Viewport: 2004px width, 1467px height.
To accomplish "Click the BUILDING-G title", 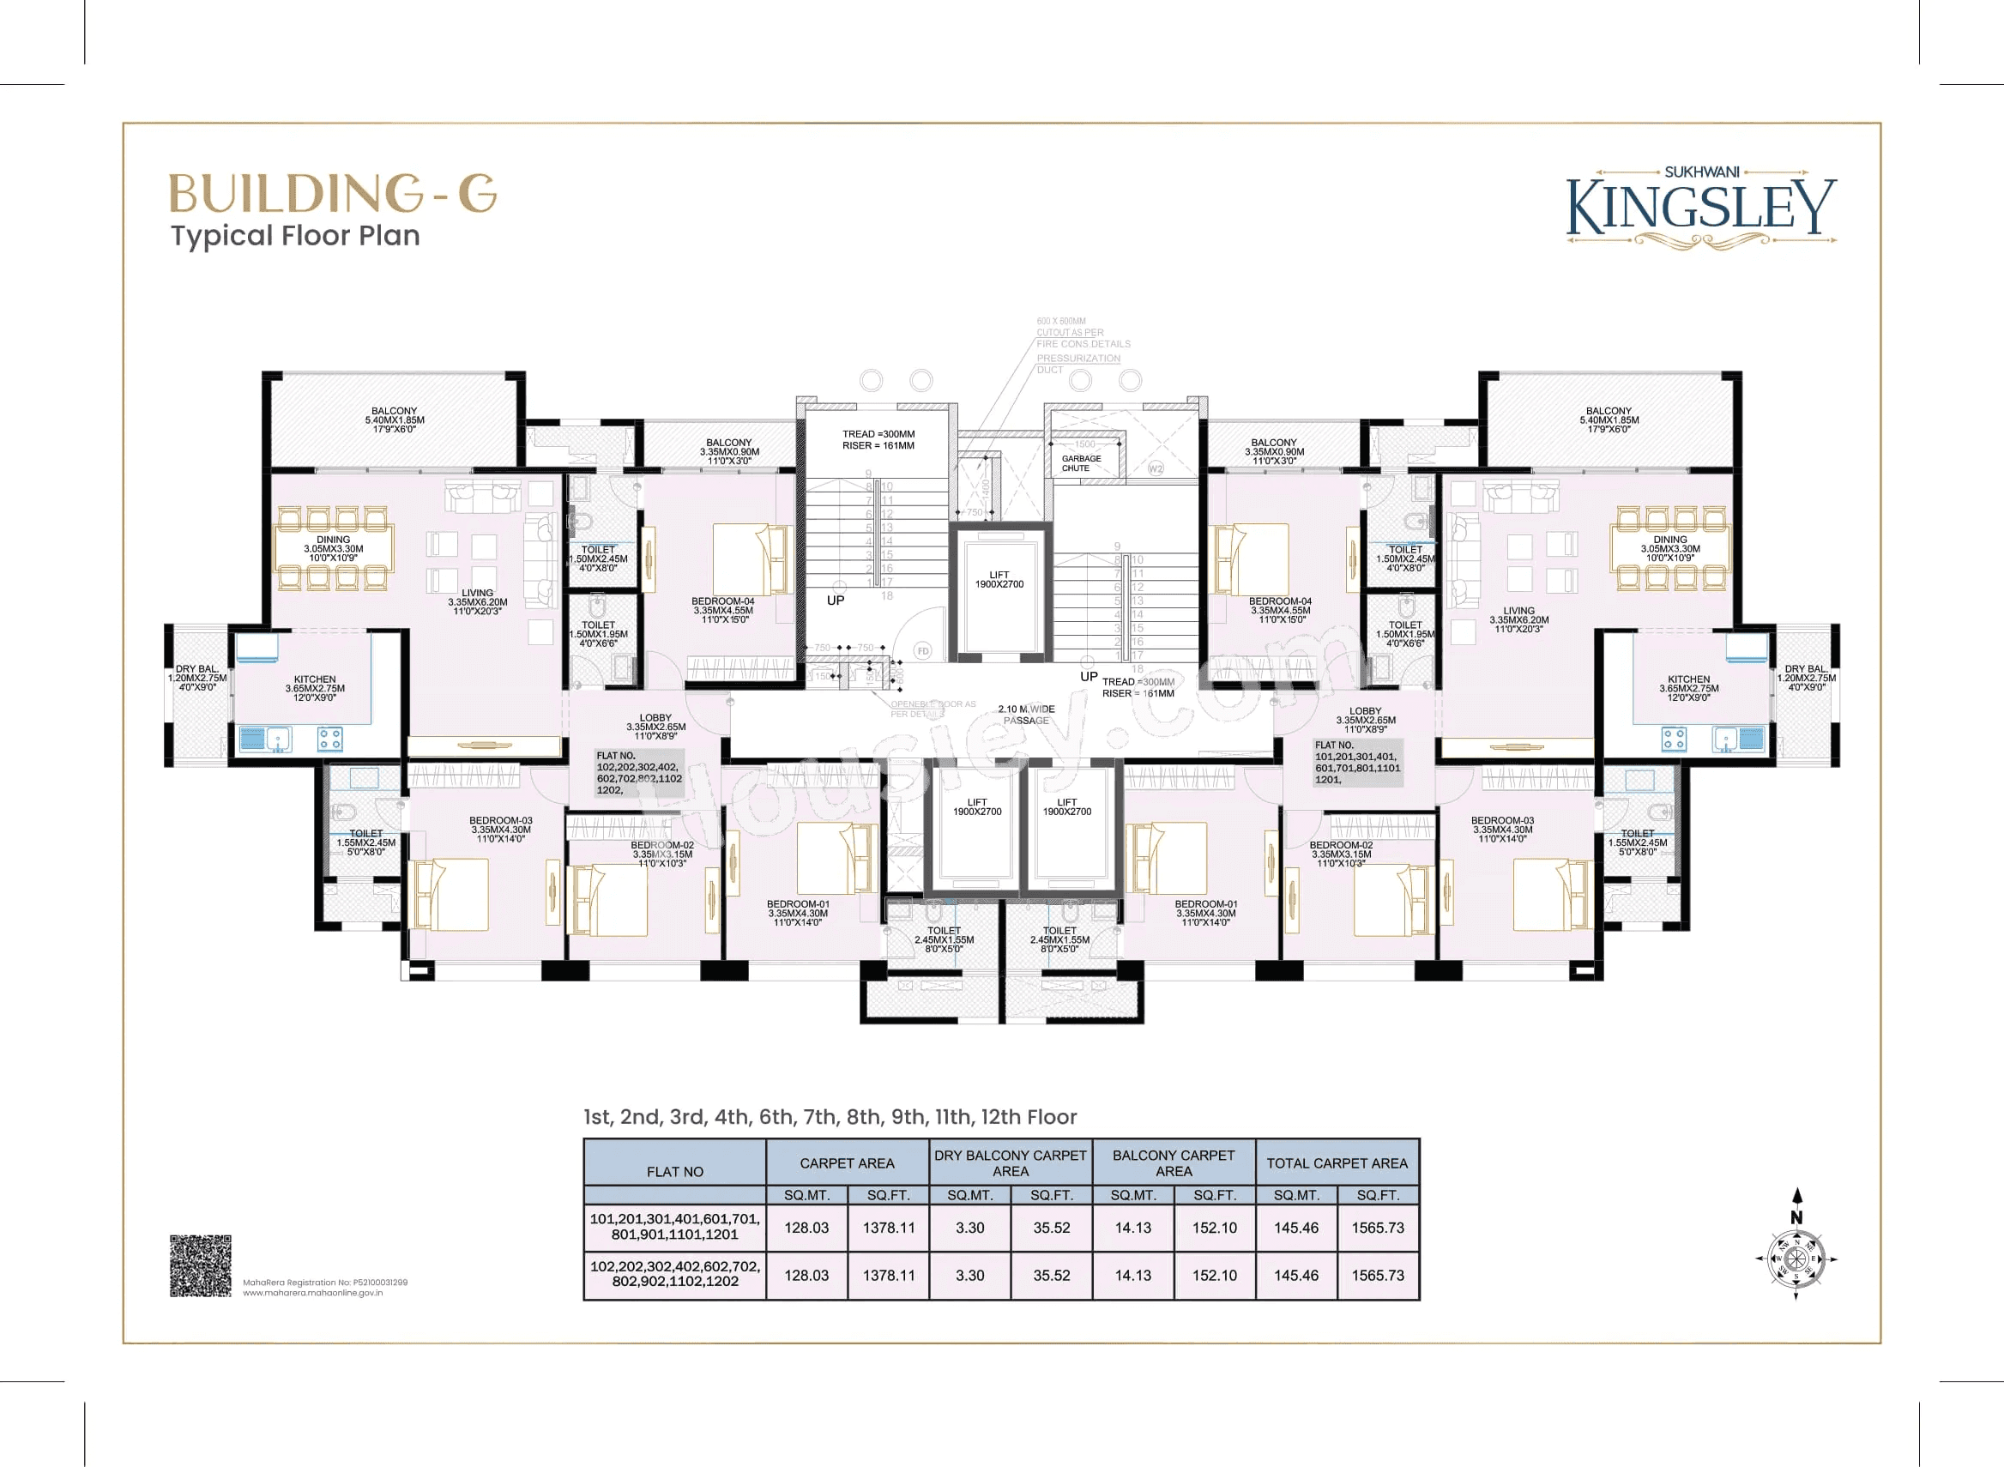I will click(332, 193).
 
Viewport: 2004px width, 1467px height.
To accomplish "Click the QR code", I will click(201, 1265).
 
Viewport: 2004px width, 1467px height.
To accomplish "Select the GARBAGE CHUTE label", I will click(1081, 463).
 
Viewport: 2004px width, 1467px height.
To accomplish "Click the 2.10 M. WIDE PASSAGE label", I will click(1025, 715).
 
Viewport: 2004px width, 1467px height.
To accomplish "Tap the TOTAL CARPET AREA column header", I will click(1337, 1163).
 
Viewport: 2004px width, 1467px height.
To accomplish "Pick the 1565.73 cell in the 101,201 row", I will click(1377, 1228).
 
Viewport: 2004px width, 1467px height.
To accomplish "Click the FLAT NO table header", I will click(675, 1171).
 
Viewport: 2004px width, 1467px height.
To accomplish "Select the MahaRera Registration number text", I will click(325, 1283).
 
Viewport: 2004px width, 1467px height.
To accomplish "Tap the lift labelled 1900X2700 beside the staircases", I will click(999, 580).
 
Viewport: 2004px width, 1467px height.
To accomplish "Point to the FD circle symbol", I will click(922, 651).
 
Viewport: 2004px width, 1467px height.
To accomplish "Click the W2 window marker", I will click(1156, 468).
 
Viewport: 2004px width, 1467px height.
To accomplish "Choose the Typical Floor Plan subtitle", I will click(296, 236).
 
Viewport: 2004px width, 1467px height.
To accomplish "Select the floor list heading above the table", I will click(830, 1117).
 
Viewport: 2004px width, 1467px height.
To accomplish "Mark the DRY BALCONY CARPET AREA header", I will click(1011, 1163).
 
